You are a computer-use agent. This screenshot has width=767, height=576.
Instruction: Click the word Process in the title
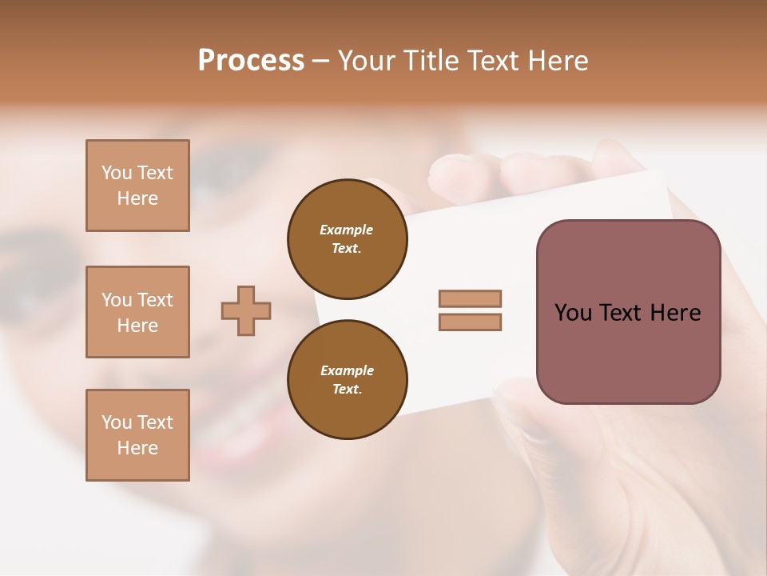251,61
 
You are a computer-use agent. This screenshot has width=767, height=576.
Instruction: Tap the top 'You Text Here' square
137,186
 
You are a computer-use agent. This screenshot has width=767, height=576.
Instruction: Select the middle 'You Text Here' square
137,312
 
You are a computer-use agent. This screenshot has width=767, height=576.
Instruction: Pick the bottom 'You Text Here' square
137,435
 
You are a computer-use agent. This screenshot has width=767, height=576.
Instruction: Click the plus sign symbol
246,310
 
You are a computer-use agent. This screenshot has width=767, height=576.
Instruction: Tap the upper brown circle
347,238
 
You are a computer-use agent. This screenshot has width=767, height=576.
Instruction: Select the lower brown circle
347,379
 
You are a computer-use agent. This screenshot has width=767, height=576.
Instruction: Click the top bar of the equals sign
470,298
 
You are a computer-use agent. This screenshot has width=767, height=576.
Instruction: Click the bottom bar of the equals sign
470,322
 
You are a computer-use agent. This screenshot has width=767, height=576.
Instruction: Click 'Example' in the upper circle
347,230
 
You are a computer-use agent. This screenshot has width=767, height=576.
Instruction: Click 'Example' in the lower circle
347,370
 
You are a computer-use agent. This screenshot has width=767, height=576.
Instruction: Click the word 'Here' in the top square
137,198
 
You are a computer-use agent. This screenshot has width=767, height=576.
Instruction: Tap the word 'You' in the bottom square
117,422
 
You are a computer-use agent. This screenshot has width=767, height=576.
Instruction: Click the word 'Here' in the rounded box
676,313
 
